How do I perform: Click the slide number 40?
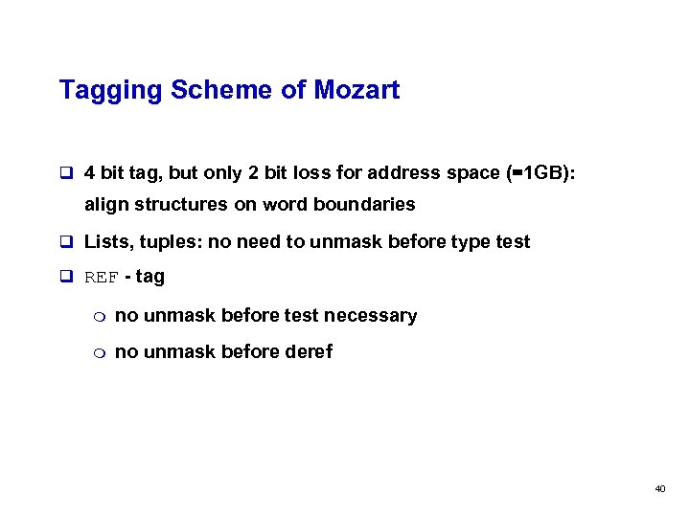pos(659,489)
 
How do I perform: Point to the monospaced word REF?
pos(103,279)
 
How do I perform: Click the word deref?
pos(309,351)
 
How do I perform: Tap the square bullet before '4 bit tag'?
pos(66,174)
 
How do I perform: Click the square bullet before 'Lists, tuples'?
pos(66,242)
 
